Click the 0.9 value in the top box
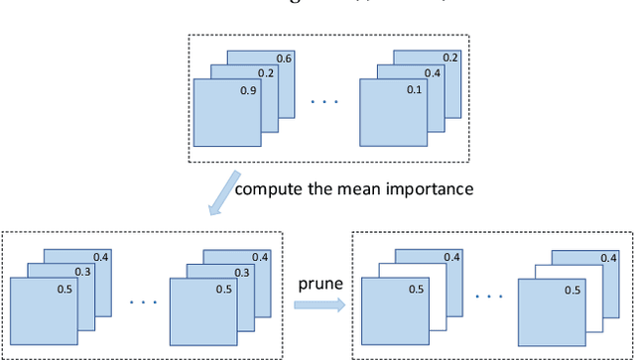point(249,90)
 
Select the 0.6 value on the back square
point(284,59)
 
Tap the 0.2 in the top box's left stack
point(267,73)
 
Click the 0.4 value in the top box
point(433,73)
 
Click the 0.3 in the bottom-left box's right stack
point(242,273)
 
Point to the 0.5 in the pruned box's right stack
point(572,290)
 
